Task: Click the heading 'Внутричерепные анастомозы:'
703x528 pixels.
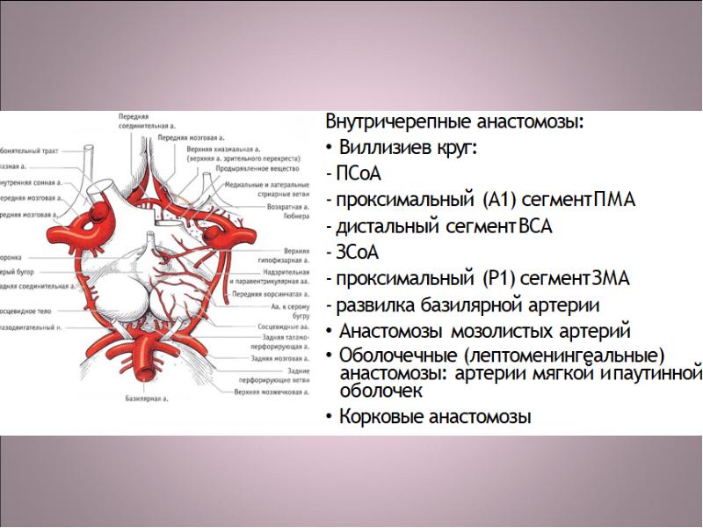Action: click(x=454, y=122)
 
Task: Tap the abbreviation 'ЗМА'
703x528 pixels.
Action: click(x=607, y=280)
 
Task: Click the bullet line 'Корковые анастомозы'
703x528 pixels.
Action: click(x=435, y=417)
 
